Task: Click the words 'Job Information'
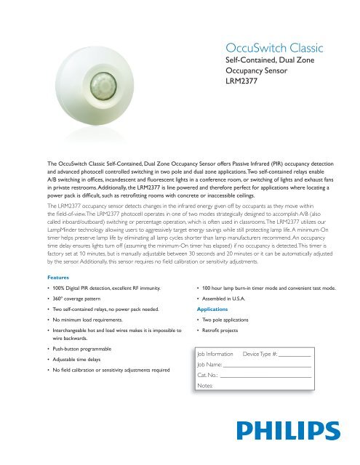tap(215, 353)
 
